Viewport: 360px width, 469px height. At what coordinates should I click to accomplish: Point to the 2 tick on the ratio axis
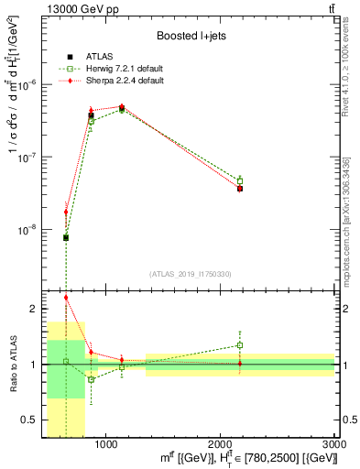(x=34, y=309)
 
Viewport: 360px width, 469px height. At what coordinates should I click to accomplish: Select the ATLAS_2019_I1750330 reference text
(x=191, y=274)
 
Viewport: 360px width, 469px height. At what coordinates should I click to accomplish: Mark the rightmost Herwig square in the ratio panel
(x=240, y=345)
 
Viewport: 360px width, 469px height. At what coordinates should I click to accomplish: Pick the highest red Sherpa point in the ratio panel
(x=66, y=297)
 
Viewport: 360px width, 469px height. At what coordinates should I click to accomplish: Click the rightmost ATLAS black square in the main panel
(x=240, y=188)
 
